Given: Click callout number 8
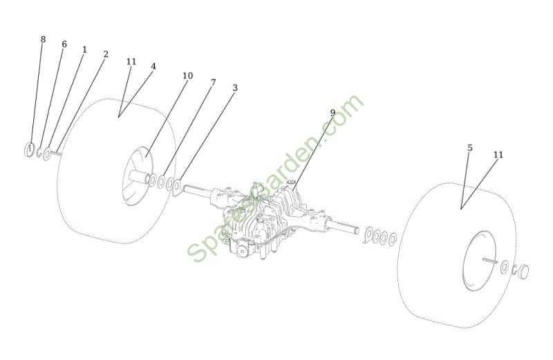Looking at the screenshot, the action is [43, 39].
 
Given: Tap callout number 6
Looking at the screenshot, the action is [64, 44].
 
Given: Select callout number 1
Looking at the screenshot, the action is [84, 49].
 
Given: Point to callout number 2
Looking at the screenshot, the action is [106, 54].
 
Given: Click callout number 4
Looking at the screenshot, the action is [153, 66].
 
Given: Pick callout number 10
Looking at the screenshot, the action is [187, 75].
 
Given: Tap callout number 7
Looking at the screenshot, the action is [213, 82].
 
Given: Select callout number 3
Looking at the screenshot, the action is [235, 88].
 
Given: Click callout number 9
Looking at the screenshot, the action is [332, 113].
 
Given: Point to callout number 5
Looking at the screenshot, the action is [470, 148].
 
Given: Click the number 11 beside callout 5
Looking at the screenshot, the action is [498, 155].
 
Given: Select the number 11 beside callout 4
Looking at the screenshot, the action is [131, 61].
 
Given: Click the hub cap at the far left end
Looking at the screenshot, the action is [28, 150].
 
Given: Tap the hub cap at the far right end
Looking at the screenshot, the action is [524, 272].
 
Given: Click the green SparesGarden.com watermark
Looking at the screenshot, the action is [276, 179].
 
